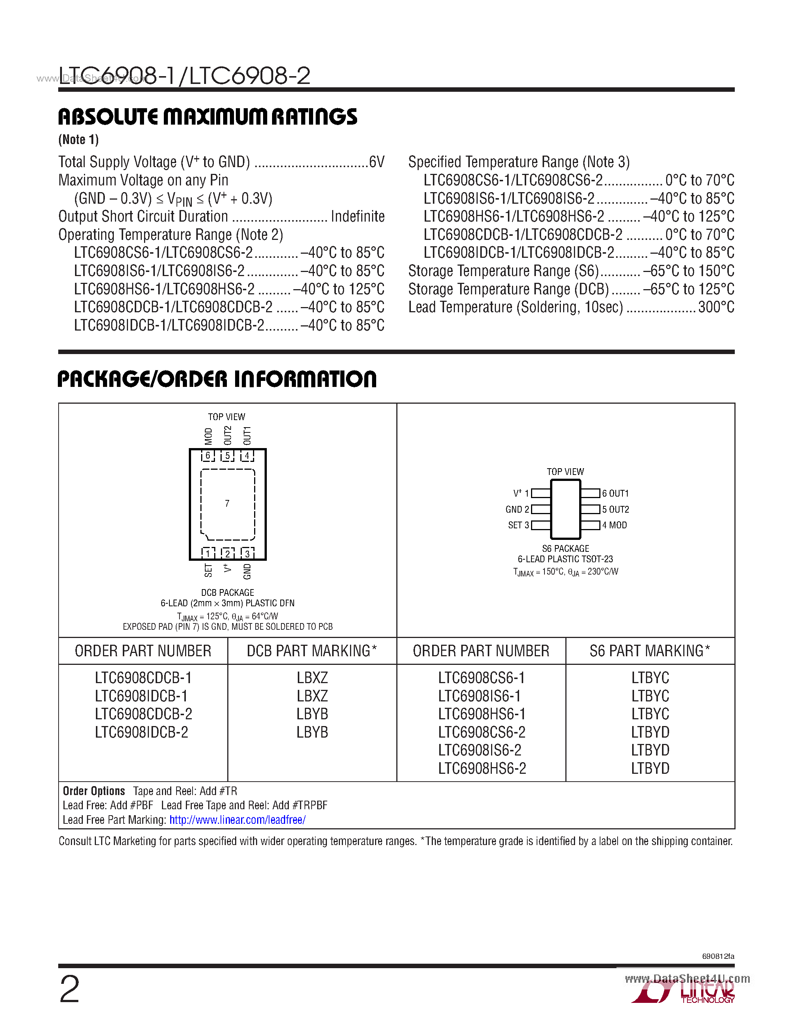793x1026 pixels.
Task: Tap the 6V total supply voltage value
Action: point(377,162)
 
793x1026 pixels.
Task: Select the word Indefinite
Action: point(358,216)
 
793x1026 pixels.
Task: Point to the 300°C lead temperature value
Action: point(716,307)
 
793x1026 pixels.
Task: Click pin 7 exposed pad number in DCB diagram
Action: point(227,504)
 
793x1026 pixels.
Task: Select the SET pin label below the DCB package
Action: point(208,570)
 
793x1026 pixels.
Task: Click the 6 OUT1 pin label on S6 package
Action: point(615,493)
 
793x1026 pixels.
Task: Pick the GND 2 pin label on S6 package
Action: point(517,509)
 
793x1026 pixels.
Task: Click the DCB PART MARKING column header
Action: point(312,651)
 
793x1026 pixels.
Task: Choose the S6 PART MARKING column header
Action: point(650,651)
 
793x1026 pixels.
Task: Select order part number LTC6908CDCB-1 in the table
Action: point(143,678)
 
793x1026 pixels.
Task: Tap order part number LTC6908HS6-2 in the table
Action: point(482,769)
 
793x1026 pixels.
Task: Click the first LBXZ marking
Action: point(312,678)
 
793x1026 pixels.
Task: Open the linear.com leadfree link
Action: point(237,820)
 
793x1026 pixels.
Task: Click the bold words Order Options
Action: point(94,791)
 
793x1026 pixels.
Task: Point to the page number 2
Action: point(69,989)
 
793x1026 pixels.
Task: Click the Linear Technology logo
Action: point(684,993)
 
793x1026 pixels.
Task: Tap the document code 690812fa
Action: point(718,957)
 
